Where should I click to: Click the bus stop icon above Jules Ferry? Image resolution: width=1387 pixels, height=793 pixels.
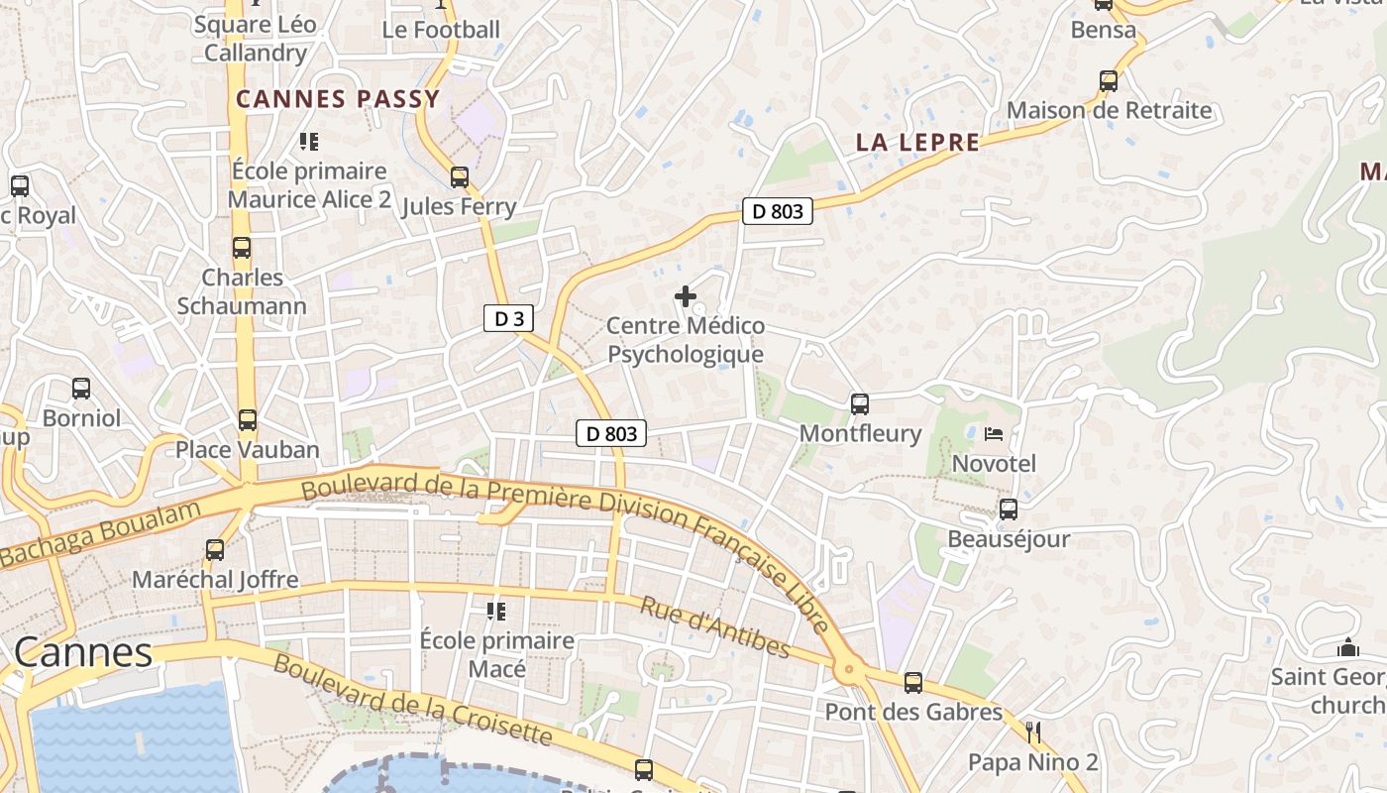coord(459,177)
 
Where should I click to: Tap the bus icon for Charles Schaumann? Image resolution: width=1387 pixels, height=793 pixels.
coord(242,248)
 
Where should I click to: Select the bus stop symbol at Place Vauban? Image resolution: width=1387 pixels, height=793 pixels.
coord(247,420)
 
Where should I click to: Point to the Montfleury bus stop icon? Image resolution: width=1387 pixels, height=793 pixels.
coord(859,404)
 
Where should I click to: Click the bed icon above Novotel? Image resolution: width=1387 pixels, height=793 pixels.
coord(994,434)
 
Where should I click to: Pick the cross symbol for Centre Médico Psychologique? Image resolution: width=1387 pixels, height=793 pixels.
coord(685,296)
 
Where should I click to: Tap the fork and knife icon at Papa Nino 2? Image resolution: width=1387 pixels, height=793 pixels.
coord(1033,733)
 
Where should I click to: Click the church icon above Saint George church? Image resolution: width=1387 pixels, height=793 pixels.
coord(1347,648)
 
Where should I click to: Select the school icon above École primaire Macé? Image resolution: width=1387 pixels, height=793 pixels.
coord(496,611)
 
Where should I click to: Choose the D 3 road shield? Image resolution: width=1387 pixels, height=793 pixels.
coord(509,318)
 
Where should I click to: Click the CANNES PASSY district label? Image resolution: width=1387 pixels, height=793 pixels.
coord(338,99)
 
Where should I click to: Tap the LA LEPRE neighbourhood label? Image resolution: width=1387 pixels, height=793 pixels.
coord(917,143)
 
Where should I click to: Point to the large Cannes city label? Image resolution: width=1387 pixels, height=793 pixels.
coord(84,652)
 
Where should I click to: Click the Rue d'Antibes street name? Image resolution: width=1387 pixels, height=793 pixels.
coord(714,627)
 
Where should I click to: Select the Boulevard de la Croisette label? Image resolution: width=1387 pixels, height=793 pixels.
coord(412,699)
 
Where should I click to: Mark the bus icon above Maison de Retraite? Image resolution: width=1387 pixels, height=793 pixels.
coord(1109,81)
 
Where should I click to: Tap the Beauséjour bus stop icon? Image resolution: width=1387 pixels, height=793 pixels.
coord(1009,510)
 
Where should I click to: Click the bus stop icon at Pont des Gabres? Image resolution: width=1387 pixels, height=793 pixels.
coord(913,683)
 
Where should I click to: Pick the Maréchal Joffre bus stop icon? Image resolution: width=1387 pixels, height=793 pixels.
coord(215,549)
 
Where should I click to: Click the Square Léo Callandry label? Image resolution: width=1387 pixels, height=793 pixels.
coord(256,39)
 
